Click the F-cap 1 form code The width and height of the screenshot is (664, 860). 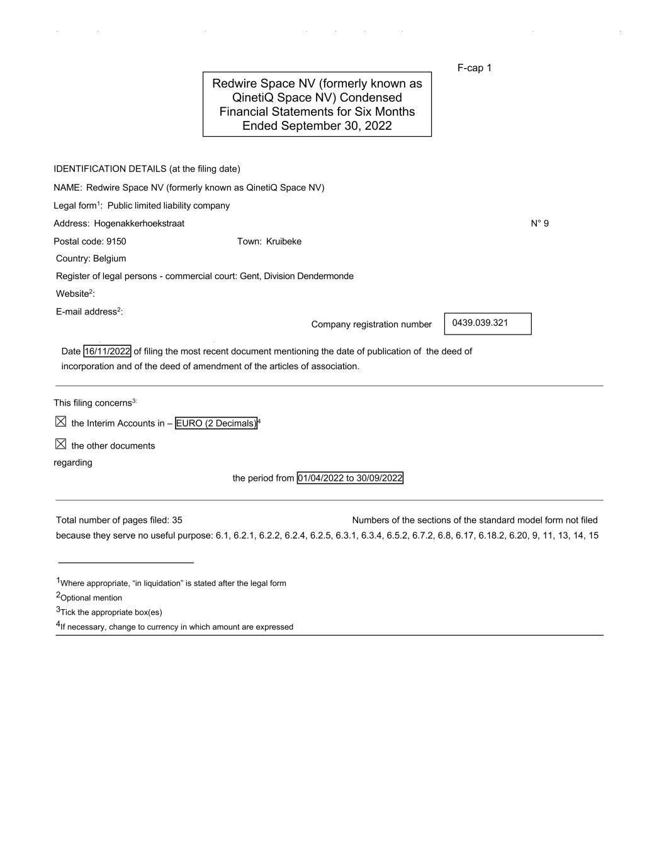click(474, 68)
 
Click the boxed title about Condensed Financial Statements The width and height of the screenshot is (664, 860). click(317, 105)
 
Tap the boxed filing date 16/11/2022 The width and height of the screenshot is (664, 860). click(107, 352)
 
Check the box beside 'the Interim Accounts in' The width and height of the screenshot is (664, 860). click(60, 421)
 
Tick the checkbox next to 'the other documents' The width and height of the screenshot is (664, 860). click(60, 444)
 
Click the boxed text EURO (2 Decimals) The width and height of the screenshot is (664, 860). click(216, 423)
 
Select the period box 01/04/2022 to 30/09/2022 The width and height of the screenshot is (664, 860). click(349, 478)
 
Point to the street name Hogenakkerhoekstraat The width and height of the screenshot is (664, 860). click(139, 224)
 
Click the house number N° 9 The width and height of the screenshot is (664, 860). click(539, 224)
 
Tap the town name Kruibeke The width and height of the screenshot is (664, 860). click(283, 242)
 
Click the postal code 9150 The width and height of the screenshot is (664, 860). click(116, 242)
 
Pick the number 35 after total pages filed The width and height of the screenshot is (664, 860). click(177, 520)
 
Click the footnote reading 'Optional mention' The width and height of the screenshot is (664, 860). click(91, 598)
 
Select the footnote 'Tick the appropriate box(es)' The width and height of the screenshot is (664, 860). click(110, 612)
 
